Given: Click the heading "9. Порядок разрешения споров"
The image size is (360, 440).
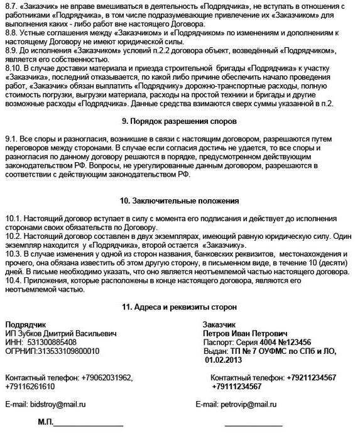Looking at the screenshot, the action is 178,120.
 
